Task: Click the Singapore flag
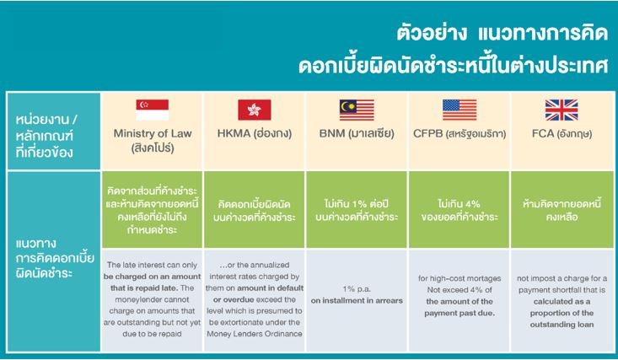point(152,110)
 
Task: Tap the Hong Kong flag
point(255,110)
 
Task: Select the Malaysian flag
point(357,110)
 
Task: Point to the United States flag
point(459,110)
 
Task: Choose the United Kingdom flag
point(562,110)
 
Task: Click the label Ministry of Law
point(153,133)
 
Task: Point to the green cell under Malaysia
point(357,209)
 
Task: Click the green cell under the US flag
point(459,209)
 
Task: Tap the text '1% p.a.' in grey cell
point(357,289)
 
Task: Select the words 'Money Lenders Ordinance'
point(255,334)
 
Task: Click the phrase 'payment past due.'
point(459,313)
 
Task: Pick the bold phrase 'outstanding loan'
point(562,325)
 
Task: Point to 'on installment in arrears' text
point(357,300)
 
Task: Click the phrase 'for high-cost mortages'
point(459,278)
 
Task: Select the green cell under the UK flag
point(562,209)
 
